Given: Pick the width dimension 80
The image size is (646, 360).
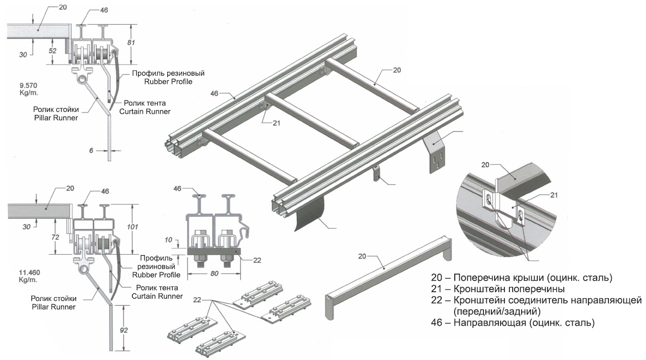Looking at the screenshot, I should click(x=214, y=274).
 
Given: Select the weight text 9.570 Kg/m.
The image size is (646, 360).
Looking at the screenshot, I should click(x=28, y=88).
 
